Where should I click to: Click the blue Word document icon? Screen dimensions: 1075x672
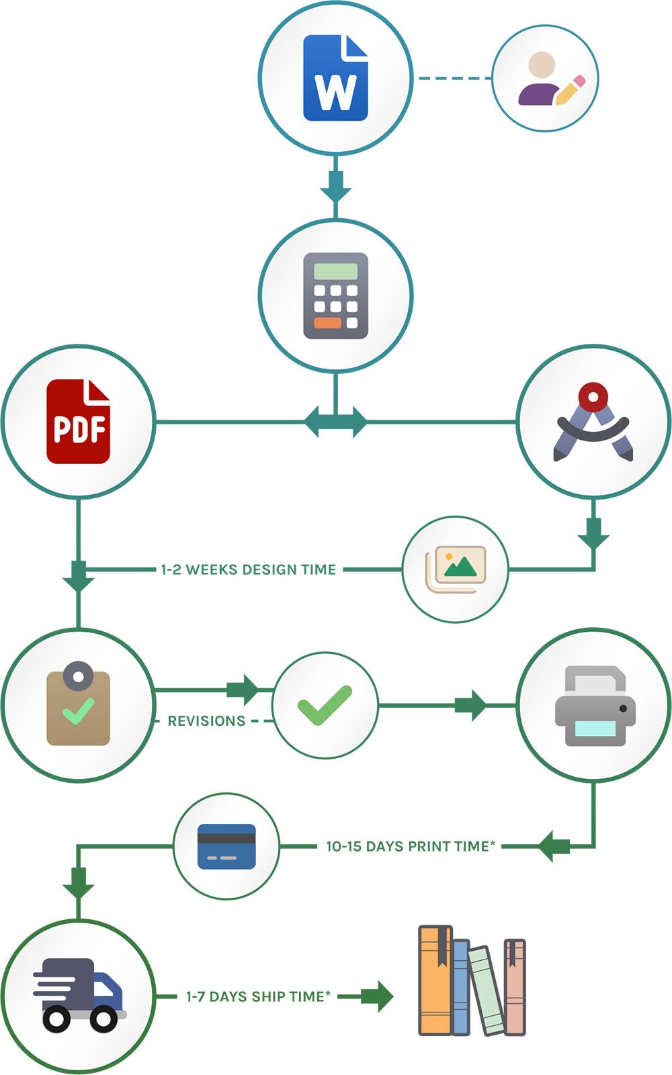tap(335, 78)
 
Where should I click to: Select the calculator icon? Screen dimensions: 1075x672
tap(335, 295)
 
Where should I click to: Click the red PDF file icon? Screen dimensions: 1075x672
tap(79, 422)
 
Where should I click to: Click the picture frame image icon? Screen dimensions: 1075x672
tap(456, 569)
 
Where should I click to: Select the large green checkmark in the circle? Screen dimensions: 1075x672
tap(325, 705)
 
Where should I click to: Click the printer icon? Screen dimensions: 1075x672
tap(595, 706)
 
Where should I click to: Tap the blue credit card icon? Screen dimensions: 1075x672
tap(226, 846)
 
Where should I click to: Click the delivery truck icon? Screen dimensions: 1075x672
tap(79, 995)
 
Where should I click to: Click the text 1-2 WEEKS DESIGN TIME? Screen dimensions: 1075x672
tap(248, 569)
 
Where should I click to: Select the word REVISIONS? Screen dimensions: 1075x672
tap(206, 721)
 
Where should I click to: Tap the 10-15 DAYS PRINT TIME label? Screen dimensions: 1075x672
tap(411, 847)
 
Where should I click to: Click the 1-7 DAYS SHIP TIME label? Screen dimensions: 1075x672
tap(259, 996)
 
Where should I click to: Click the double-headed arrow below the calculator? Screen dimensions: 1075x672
tap(335, 422)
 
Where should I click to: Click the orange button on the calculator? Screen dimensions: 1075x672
tap(327, 323)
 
